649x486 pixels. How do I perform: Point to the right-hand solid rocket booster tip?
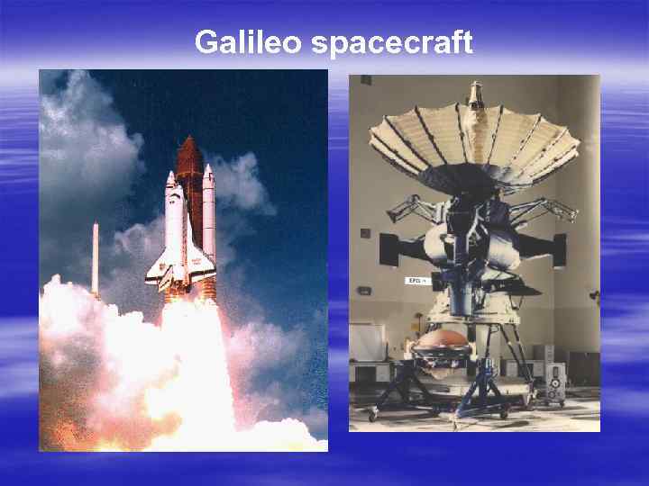208,169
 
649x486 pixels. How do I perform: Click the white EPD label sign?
414,280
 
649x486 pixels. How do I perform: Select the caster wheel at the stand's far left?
372,414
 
